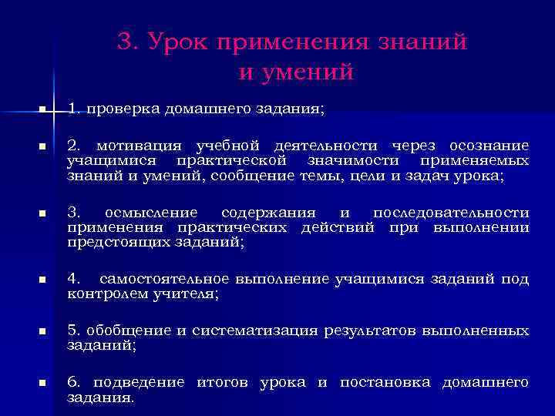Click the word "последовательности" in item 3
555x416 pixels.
pos(451,213)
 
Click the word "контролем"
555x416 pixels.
pos(103,294)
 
